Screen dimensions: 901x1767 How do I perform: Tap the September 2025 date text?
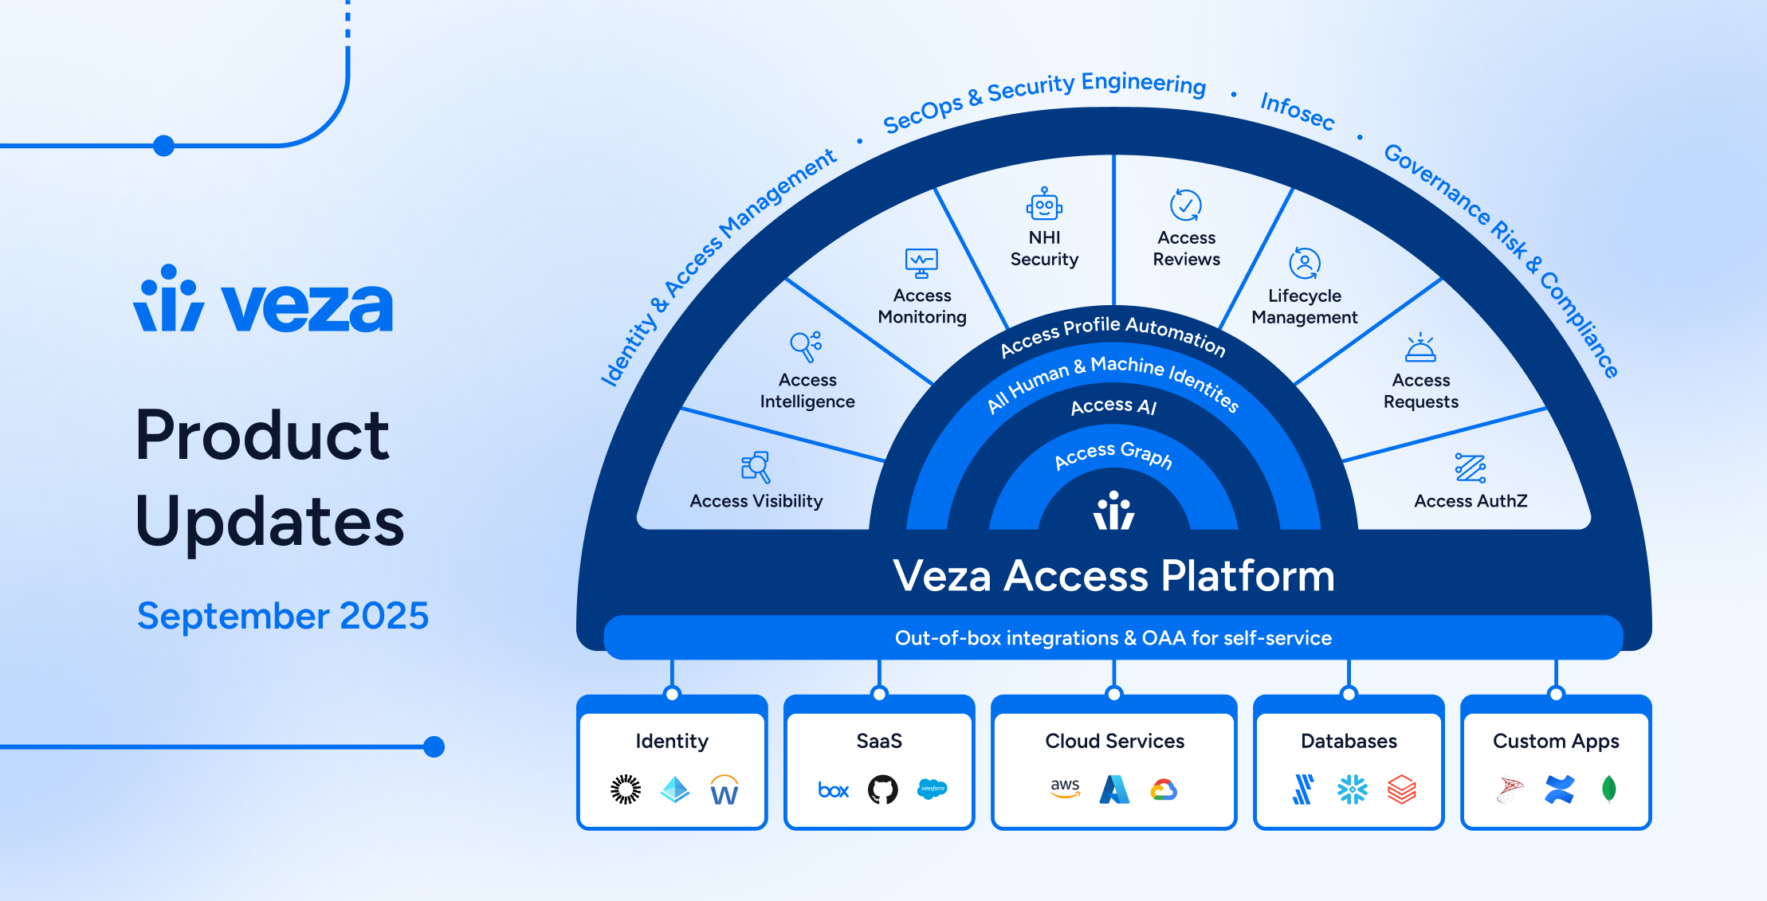(x=283, y=616)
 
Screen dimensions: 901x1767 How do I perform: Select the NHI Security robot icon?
(x=1044, y=205)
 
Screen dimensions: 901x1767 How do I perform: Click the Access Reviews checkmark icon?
(x=1186, y=205)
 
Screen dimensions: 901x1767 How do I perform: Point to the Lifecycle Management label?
(x=1305, y=307)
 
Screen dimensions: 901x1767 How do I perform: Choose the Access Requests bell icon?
(x=1420, y=348)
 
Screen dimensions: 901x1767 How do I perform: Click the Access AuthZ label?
(x=1471, y=501)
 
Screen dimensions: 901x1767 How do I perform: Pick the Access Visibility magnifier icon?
(x=756, y=467)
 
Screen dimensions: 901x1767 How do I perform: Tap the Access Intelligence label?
(x=807, y=391)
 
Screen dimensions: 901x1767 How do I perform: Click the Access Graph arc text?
(x=1113, y=454)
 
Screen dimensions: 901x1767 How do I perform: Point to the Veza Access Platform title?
(x=1113, y=576)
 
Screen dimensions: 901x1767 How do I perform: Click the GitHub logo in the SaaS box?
(x=882, y=789)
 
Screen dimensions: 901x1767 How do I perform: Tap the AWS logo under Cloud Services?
(x=1065, y=788)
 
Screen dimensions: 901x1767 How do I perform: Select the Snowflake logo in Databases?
(x=1352, y=789)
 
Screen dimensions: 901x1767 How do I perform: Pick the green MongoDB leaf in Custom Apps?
(x=1608, y=789)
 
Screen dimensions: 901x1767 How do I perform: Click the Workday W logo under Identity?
(x=724, y=790)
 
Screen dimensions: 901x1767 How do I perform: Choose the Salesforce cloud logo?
(x=932, y=789)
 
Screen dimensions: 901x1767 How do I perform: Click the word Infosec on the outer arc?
(x=1297, y=111)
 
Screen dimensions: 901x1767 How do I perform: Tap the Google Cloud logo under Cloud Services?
(x=1164, y=789)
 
